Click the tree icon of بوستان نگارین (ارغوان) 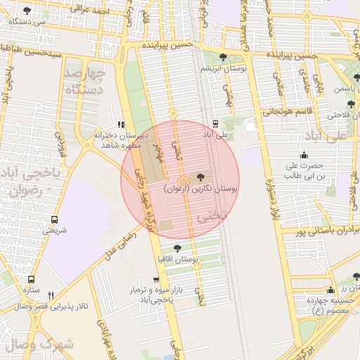pyautogui.click(x=202, y=179)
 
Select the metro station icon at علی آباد pyautogui.click(x=216, y=123)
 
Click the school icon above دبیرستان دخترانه pyautogui.click(x=122, y=125)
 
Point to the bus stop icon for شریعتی pyautogui.click(x=55, y=219)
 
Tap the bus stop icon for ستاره pyautogui.click(x=31, y=278)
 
